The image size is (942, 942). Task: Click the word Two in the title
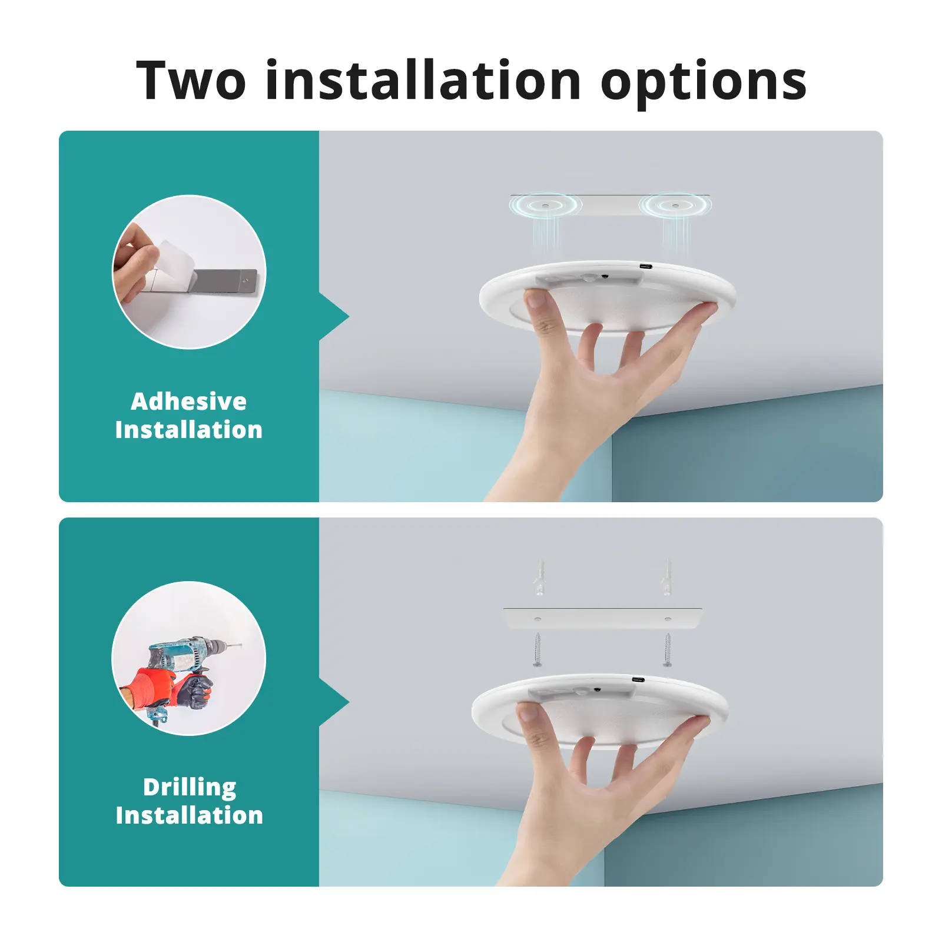[x=191, y=80]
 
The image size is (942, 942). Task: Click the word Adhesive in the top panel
[x=189, y=402]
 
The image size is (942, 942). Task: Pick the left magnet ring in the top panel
[x=545, y=205]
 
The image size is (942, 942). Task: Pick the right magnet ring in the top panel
[x=675, y=205]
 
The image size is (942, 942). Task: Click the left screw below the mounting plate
[x=537, y=649]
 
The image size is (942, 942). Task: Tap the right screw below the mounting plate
[x=667, y=649]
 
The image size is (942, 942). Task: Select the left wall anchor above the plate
[x=539, y=577]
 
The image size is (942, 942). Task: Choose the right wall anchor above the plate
[x=667, y=577]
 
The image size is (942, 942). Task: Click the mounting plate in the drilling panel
[x=602, y=618]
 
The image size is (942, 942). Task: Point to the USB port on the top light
[x=646, y=267]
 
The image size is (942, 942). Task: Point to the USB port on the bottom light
[x=638, y=680]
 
